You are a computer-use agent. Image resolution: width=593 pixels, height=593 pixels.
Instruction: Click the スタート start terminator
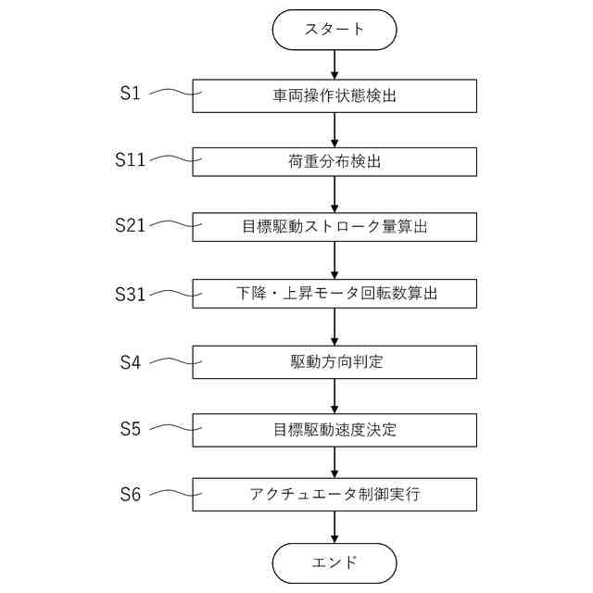pos(334,29)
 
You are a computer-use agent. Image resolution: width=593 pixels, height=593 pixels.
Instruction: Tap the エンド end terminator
pos(334,562)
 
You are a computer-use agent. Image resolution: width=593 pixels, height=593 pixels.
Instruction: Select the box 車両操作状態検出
pos(334,95)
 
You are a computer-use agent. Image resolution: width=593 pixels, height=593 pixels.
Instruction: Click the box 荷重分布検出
pos(334,161)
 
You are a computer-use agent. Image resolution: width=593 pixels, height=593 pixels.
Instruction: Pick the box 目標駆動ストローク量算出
pos(334,227)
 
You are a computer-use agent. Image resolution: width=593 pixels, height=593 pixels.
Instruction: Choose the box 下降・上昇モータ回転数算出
pos(334,294)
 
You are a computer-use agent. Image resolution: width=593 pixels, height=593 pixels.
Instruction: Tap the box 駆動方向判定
pos(334,361)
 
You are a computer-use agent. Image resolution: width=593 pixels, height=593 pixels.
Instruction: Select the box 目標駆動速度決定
pos(334,429)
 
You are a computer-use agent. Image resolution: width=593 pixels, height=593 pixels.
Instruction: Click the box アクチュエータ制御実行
pos(334,495)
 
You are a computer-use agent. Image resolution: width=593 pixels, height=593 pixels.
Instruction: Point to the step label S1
pos(131,93)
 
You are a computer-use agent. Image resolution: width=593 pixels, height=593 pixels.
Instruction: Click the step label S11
pos(131,158)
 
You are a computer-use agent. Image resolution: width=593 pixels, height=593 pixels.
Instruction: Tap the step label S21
pos(131,225)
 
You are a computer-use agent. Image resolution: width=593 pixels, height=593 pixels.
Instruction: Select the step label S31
pos(131,293)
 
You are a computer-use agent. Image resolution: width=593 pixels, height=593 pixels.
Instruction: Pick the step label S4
pos(131,362)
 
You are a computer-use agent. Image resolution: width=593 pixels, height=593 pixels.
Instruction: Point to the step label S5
pos(131,429)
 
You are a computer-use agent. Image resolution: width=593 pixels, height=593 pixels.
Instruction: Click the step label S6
pos(131,495)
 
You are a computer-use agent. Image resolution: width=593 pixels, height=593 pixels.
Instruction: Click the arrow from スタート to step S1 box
pos(334,63)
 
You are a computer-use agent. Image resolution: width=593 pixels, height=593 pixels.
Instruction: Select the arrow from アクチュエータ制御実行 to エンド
pos(334,527)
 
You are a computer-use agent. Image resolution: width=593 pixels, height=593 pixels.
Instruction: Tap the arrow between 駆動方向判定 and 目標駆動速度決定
pos(334,396)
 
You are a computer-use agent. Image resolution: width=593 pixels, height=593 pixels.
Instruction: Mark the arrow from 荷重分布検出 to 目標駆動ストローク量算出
pos(334,195)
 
